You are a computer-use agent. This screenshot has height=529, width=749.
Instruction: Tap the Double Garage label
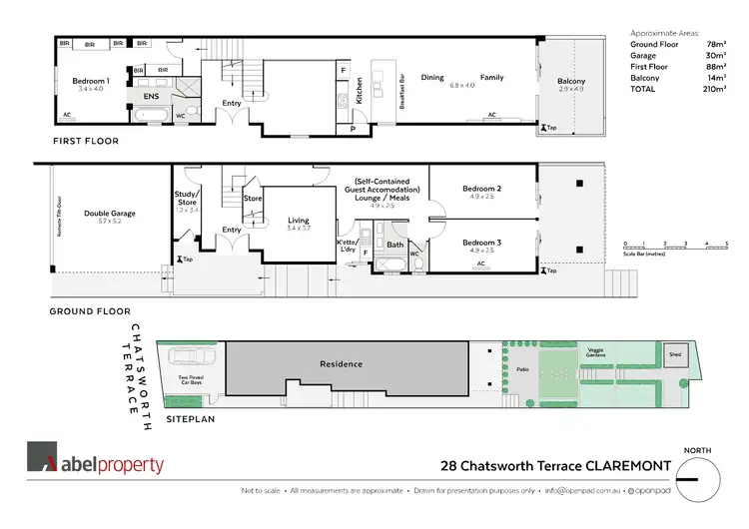click(x=110, y=213)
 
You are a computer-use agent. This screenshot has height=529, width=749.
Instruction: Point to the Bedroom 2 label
click(x=481, y=189)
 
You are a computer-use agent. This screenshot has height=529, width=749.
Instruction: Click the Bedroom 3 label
click(x=481, y=242)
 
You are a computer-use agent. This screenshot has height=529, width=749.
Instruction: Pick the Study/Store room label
click(x=187, y=199)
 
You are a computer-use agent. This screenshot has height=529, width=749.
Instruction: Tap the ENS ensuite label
click(x=150, y=97)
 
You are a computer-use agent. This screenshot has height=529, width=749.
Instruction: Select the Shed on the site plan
click(x=674, y=353)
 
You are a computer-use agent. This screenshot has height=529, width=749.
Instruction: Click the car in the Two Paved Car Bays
click(x=190, y=358)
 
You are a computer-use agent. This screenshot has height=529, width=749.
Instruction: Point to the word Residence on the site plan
click(x=342, y=364)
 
